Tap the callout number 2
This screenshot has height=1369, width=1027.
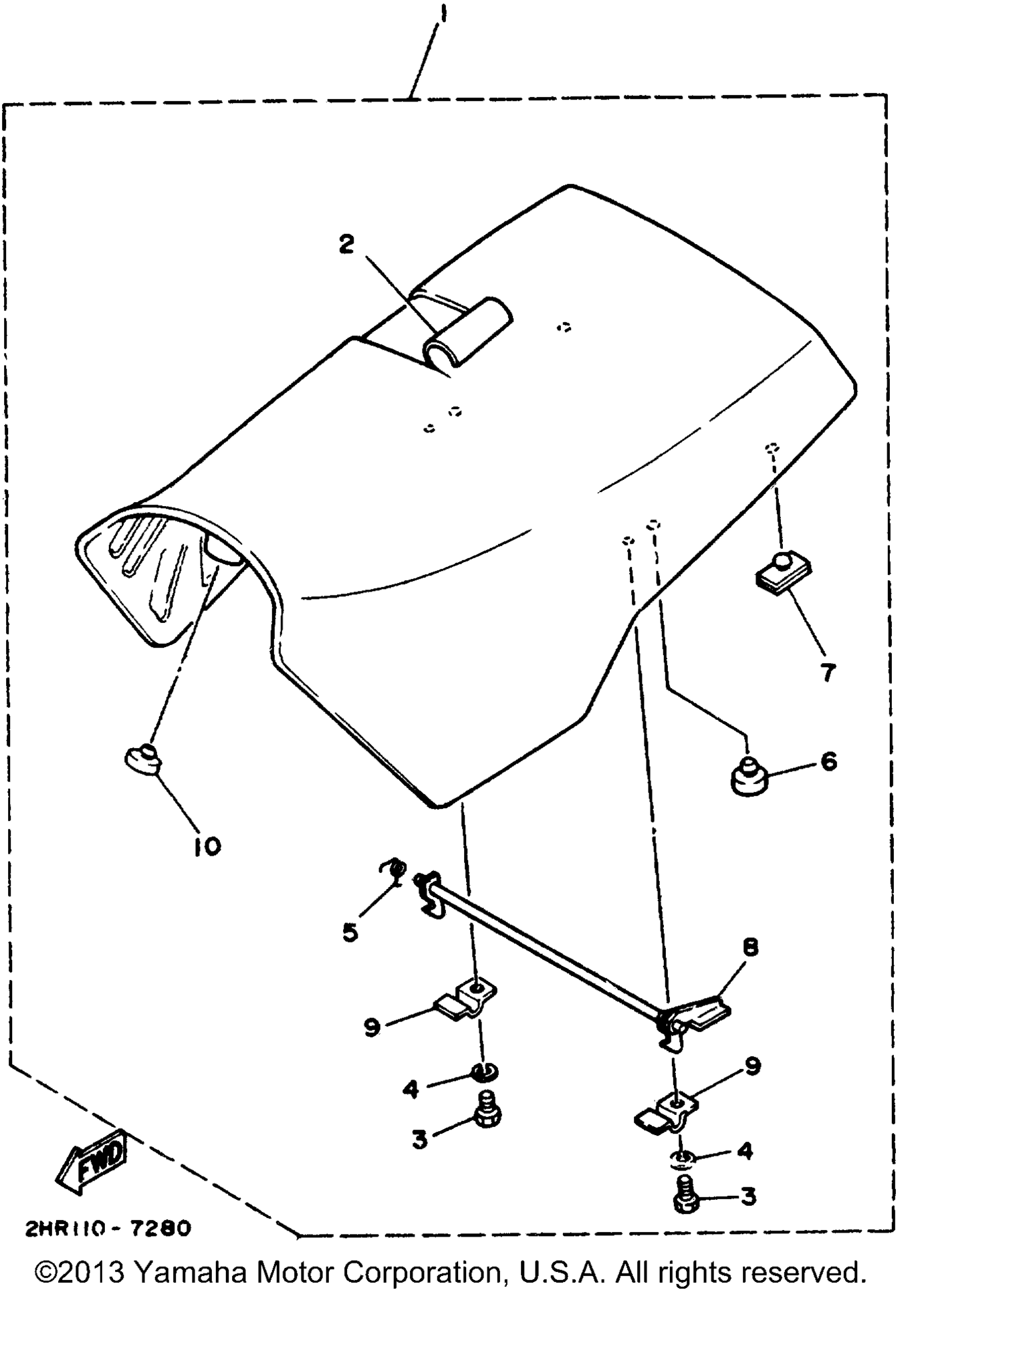346,245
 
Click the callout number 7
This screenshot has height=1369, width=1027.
829,672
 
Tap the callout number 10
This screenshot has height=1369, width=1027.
207,848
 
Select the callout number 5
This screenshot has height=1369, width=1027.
350,932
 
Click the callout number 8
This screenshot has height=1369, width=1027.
751,947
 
